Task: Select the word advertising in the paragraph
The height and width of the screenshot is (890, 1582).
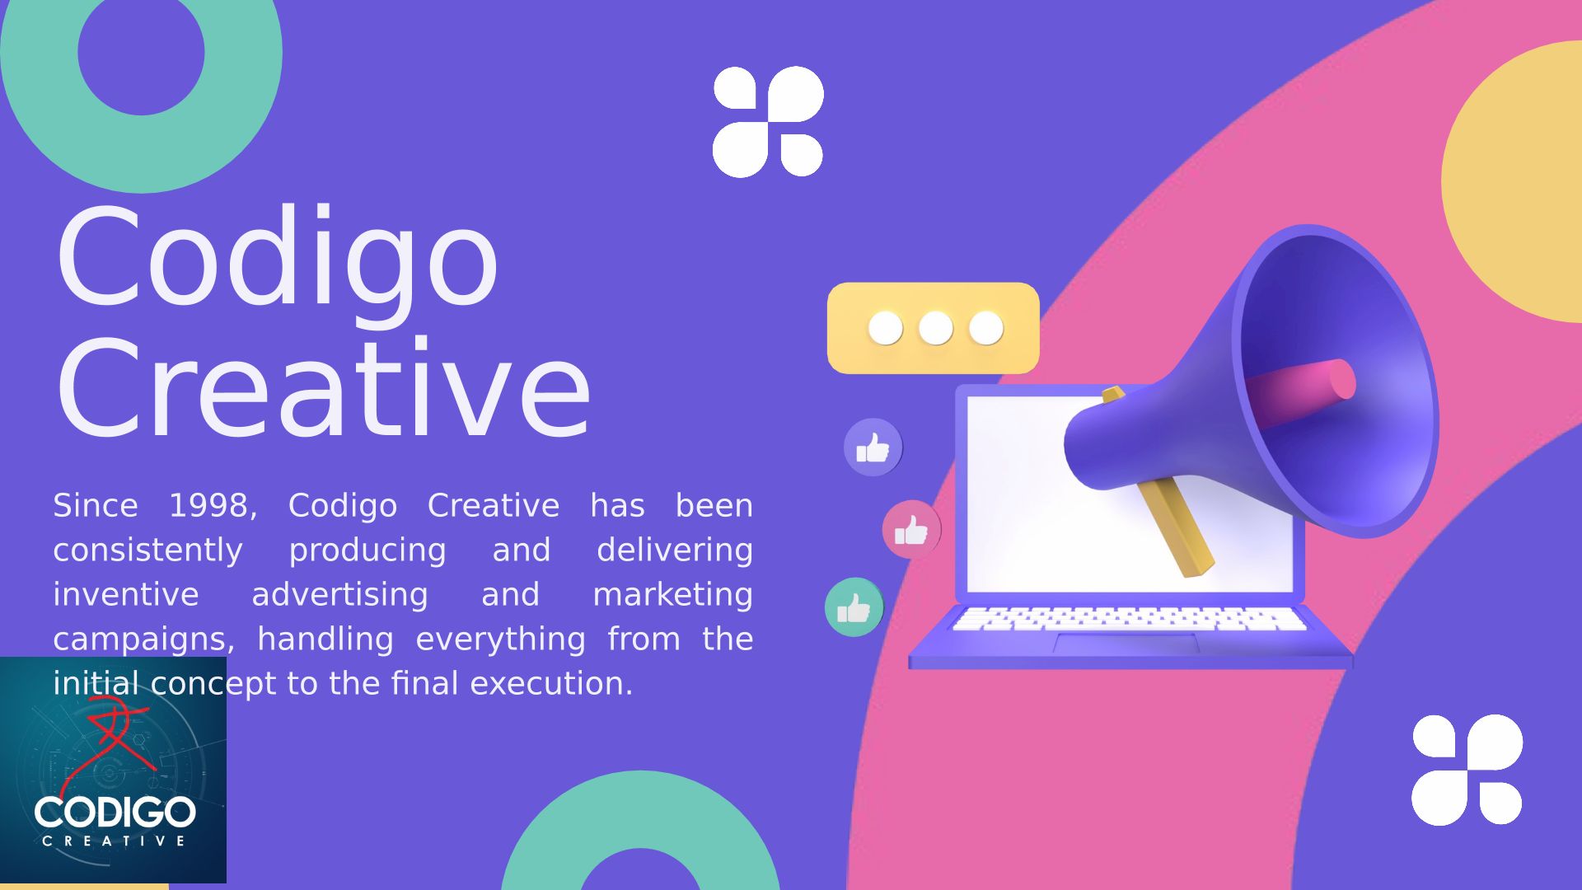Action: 339,594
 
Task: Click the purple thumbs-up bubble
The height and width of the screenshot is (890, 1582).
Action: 873,447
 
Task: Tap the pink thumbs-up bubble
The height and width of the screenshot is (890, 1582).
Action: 911,530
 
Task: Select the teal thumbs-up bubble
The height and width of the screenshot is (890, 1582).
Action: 854,607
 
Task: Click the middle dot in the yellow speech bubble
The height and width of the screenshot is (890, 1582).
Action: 935,328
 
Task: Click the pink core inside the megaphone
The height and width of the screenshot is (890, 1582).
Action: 1302,392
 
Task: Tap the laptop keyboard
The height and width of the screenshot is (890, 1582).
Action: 1129,620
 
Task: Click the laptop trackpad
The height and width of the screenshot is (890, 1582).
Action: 1126,644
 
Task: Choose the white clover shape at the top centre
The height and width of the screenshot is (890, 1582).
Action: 768,122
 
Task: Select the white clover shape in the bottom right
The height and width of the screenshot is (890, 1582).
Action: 1467,770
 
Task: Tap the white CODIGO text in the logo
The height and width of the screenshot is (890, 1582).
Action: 115,813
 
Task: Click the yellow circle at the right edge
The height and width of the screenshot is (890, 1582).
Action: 1516,181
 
